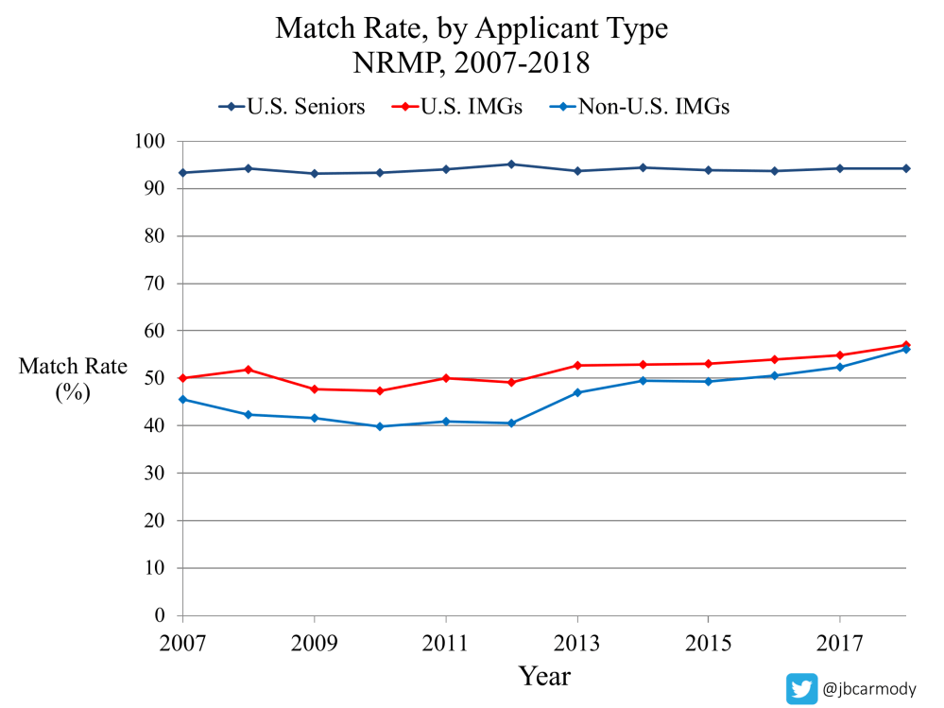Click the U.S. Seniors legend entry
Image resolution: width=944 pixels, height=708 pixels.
click(x=292, y=107)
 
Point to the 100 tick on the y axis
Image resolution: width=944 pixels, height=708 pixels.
click(x=150, y=142)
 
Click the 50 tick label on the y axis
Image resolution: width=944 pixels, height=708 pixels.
click(x=155, y=378)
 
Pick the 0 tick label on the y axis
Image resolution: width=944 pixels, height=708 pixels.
click(x=161, y=615)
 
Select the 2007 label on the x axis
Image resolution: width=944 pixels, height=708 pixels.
click(x=182, y=644)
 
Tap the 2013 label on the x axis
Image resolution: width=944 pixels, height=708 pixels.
click(x=577, y=644)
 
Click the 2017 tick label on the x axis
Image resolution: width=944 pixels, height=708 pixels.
click(x=840, y=644)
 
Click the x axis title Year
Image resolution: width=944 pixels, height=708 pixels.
click(x=544, y=677)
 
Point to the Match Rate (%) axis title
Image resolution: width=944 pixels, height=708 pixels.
click(x=73, y=379)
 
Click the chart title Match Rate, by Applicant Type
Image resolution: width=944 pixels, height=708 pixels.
click(x=472, y=28)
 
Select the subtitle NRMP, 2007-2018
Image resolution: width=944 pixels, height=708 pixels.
click(x=472, y=64)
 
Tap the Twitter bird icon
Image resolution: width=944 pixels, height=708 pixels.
click(x=802, y=689)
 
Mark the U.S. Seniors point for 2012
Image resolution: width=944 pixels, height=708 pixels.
click(x=511, y=164)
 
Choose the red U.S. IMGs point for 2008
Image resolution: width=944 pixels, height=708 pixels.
click(x=249, y=370)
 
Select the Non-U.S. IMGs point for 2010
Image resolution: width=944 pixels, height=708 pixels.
click(x=380, y=426)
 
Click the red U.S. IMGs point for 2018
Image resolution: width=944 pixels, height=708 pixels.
click(x=905, y=345)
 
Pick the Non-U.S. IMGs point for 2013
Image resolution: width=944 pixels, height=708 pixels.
click(x=577, y=392)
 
